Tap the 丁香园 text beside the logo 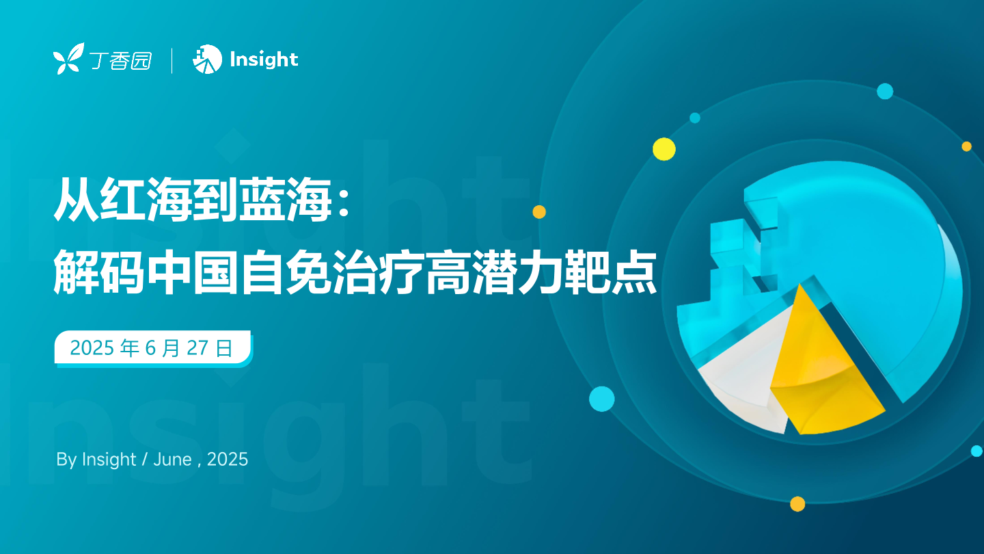[120, 61]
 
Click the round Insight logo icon [207, 59]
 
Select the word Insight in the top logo [264, 60]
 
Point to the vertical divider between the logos [172, 61]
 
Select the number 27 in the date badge [197, 347]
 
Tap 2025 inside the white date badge [92, 347]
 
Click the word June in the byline [173, 460]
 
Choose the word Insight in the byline [109, 460]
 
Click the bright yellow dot [664, 149]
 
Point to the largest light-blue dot [602, 399]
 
